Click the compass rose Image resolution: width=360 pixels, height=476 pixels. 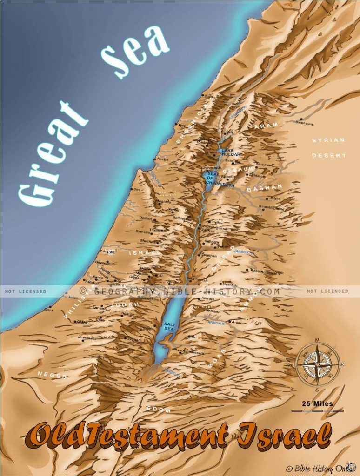pyautogui.click(x=317, y=364)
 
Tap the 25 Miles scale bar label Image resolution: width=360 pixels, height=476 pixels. pyautogui.click(x=317, y=403)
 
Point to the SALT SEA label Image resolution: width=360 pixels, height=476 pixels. pyautogui.click(x=169, y=326)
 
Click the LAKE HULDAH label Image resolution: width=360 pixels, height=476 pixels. pyautogui.click(x=231, y=152)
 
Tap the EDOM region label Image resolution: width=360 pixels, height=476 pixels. pyautogui.click(x=159, y=410)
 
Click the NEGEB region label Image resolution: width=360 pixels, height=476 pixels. pyautogui.click(x=53, y=375)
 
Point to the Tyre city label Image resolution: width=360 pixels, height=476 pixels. pyautogui.click(x=182, y=126)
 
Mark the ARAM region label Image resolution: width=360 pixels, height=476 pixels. pyautogui.click(x=266, y=126)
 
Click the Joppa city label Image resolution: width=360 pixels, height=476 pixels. pyautogui.click(x=108, y=251)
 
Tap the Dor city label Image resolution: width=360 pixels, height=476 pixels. pyautogui.click(x=136, y=190)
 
